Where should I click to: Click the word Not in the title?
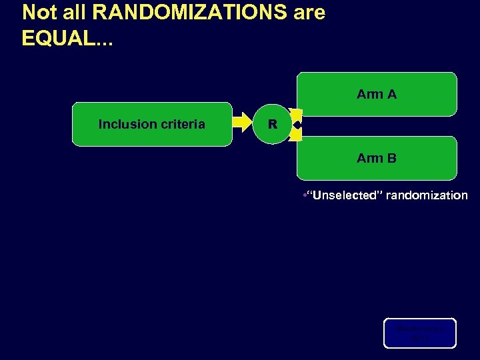tap(37, 13)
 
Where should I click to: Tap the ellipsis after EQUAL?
tap(104, 41)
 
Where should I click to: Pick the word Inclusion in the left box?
tap(126, 124)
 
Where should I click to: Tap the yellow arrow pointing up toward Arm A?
tap(296, 114)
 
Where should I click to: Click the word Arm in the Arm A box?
tap(369, 94)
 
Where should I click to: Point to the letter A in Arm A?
tap(391, 94)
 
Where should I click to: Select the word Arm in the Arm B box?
tap(369, 158)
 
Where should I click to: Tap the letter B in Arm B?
tap(391, 158)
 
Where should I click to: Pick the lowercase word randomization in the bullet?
tap(427, 195)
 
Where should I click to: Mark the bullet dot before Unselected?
tap(304, 195)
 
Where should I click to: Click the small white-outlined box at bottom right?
tap(419, 333)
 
